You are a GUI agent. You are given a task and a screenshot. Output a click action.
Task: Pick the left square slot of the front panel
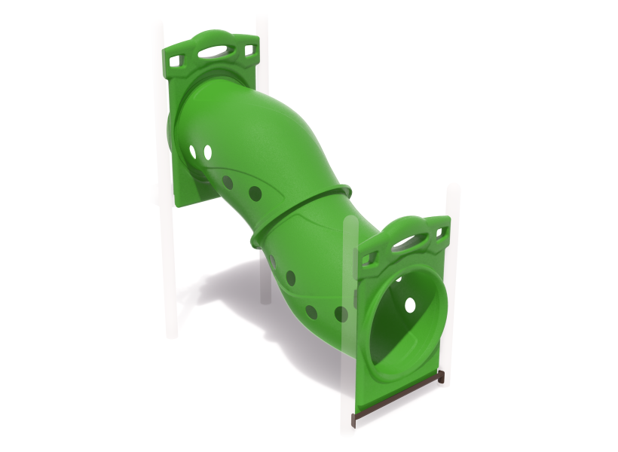coord(370,259)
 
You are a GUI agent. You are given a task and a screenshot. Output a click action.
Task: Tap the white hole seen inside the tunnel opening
coord(410,305)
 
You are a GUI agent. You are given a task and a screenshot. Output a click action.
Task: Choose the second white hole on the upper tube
coord(207,153)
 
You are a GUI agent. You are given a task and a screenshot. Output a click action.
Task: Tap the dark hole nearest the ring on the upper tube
coord(255,194)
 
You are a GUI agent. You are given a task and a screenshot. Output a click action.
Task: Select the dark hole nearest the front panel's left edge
coord(341,314)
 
